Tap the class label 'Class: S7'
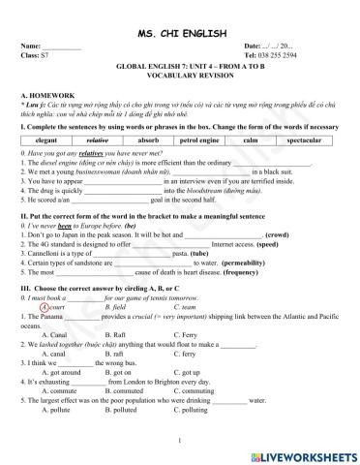tap(35, 54)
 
